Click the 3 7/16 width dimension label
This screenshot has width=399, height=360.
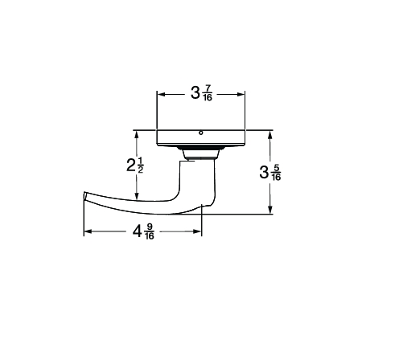click(201, 93)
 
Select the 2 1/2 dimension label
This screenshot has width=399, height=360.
click(135, 165)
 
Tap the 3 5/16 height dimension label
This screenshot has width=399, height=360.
click(270, 173)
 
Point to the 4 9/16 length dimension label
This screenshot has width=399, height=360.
click(143, 231)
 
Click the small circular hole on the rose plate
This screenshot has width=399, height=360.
click(201, 133)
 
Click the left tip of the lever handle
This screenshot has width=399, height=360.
click(84, 196)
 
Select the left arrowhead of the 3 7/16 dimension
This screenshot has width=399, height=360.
click(161, 94)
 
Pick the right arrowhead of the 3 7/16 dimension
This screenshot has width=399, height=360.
click(241, 94)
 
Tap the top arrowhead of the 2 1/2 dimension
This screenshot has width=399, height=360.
click(137, 134)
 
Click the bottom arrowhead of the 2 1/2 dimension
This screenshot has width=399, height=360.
click(137, 196)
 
